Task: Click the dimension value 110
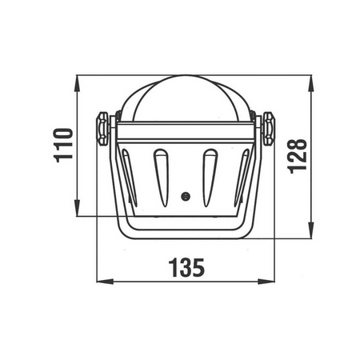(63, 146)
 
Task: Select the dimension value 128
(298, 156)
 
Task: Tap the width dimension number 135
(186, 267)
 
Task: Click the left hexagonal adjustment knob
(102, 129)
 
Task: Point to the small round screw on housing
(186, 197)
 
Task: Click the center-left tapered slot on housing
(162, 178)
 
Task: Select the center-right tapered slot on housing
(210, 178)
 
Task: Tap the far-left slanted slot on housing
(130, 178)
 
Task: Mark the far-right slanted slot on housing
(242, 178)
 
